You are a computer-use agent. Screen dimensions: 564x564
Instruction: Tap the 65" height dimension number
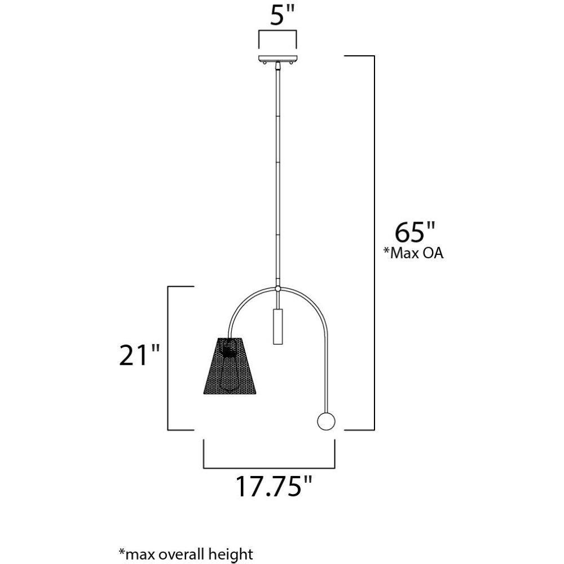415,232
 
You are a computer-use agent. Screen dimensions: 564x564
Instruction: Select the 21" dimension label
139,355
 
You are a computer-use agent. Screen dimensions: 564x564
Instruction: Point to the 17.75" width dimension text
274,487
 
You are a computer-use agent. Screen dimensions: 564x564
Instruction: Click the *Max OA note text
413,253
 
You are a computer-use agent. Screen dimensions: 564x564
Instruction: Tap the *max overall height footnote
186,554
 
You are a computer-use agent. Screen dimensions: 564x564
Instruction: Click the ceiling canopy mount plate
277,59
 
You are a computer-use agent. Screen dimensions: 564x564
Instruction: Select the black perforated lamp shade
230,365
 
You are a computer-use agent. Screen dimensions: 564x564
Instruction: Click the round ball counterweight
326,421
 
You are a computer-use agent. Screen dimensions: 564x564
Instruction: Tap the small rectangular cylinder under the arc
277,326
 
